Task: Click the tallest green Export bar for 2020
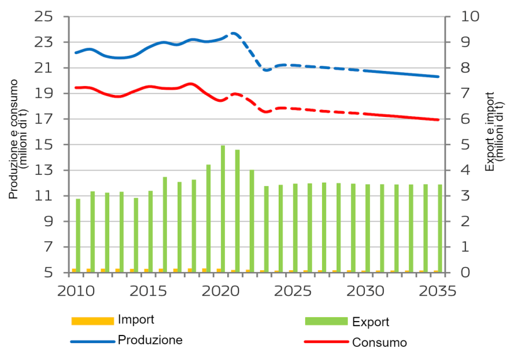223,209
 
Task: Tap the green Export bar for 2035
440,228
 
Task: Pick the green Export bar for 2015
151,231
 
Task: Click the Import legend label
136,320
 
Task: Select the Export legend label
371,322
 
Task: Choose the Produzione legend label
150,340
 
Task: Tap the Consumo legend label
379,342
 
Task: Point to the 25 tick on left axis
44,17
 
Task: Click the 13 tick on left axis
44,170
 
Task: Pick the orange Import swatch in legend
92,321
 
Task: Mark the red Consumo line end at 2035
438,119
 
